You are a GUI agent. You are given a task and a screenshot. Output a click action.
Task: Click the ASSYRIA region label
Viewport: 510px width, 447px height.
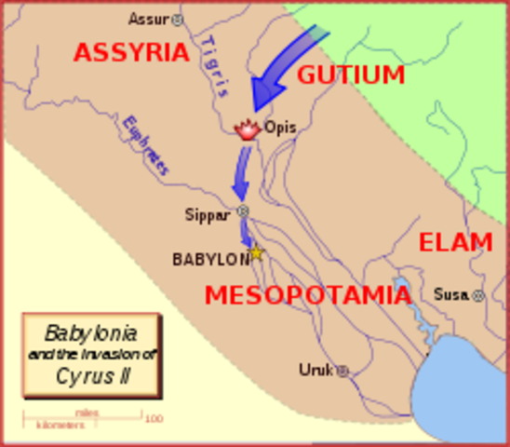tap(131, 52)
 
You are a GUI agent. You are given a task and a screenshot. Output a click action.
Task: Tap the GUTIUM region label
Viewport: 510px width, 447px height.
tap(351, 74)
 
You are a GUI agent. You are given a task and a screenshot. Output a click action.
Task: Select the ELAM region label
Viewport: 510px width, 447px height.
tap(455, 243)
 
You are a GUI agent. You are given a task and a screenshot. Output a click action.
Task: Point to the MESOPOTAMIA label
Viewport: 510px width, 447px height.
tap(308, 295)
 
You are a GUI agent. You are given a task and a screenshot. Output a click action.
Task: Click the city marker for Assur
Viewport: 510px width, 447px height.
tap(179, 19)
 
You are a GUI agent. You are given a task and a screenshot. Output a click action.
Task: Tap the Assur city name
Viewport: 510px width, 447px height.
tap(149, 19)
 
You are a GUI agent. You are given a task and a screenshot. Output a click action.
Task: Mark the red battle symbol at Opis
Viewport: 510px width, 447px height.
tap(248, 129)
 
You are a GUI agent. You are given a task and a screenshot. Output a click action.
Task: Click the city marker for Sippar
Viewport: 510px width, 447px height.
tap(244, 212)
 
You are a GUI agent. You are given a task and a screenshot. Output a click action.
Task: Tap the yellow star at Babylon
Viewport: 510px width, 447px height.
tap(256, 253)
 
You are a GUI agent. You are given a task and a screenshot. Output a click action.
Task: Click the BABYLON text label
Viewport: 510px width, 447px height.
tap(210, 260)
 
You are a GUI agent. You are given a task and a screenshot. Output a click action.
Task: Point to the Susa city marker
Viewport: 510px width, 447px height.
tap(478, 295)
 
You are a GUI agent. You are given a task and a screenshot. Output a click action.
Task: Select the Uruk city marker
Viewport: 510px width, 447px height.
tap(342, 371)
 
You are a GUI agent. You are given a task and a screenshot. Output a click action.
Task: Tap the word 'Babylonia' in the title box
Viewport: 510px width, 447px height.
tap(91, 332)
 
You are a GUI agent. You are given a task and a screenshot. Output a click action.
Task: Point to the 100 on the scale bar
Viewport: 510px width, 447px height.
tap(154, 419)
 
